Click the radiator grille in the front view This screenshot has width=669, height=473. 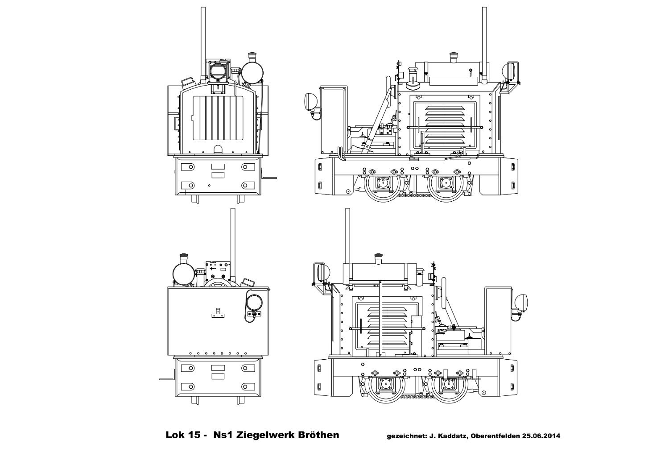[x=219, y=120]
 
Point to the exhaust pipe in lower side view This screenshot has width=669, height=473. [x=348, y=241]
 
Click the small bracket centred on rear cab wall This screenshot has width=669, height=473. [x=218, y=313]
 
